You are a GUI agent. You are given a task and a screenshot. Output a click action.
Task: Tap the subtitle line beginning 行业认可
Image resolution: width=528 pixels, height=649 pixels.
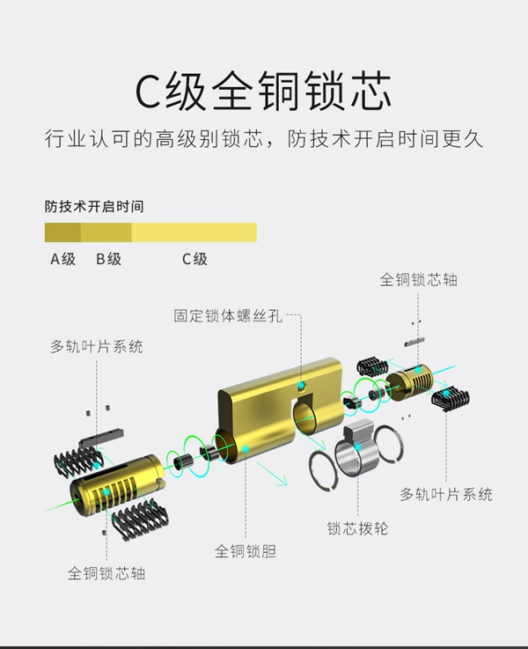[264, 139]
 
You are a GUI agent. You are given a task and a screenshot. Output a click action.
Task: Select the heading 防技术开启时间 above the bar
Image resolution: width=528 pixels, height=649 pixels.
[94, 207]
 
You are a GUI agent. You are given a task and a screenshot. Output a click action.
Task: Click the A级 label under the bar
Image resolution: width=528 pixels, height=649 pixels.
[62, 259]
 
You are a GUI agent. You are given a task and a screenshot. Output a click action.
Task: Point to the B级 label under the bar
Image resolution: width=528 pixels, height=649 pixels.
[108, 259]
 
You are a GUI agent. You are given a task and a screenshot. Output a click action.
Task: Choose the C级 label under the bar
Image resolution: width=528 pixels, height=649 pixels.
[194, 259]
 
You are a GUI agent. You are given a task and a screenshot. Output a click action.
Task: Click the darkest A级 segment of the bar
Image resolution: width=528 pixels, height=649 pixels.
[62, 232]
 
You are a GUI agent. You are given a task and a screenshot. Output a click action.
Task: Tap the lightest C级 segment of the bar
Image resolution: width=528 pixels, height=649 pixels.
[194, 232]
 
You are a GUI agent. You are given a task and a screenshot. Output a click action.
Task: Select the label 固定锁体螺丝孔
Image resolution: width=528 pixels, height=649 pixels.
[228, 314]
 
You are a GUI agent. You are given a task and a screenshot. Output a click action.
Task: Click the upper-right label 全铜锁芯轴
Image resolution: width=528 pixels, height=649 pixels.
[419, 280]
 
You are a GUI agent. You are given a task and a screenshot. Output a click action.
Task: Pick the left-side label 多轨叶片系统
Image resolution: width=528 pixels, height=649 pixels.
[97, 346]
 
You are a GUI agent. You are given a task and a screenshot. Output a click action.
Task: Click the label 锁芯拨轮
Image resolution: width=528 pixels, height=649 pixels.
[357, 528]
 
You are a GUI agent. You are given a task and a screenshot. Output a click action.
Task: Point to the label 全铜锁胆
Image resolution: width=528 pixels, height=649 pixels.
[246, 551]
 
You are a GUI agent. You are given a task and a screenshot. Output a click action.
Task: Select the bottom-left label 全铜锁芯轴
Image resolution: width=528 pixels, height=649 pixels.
[106, 573]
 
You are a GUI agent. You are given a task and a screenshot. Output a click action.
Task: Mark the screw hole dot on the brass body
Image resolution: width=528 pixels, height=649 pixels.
[301, 387]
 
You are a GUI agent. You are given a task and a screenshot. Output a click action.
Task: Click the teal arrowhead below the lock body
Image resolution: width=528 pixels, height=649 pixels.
[284, 481]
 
